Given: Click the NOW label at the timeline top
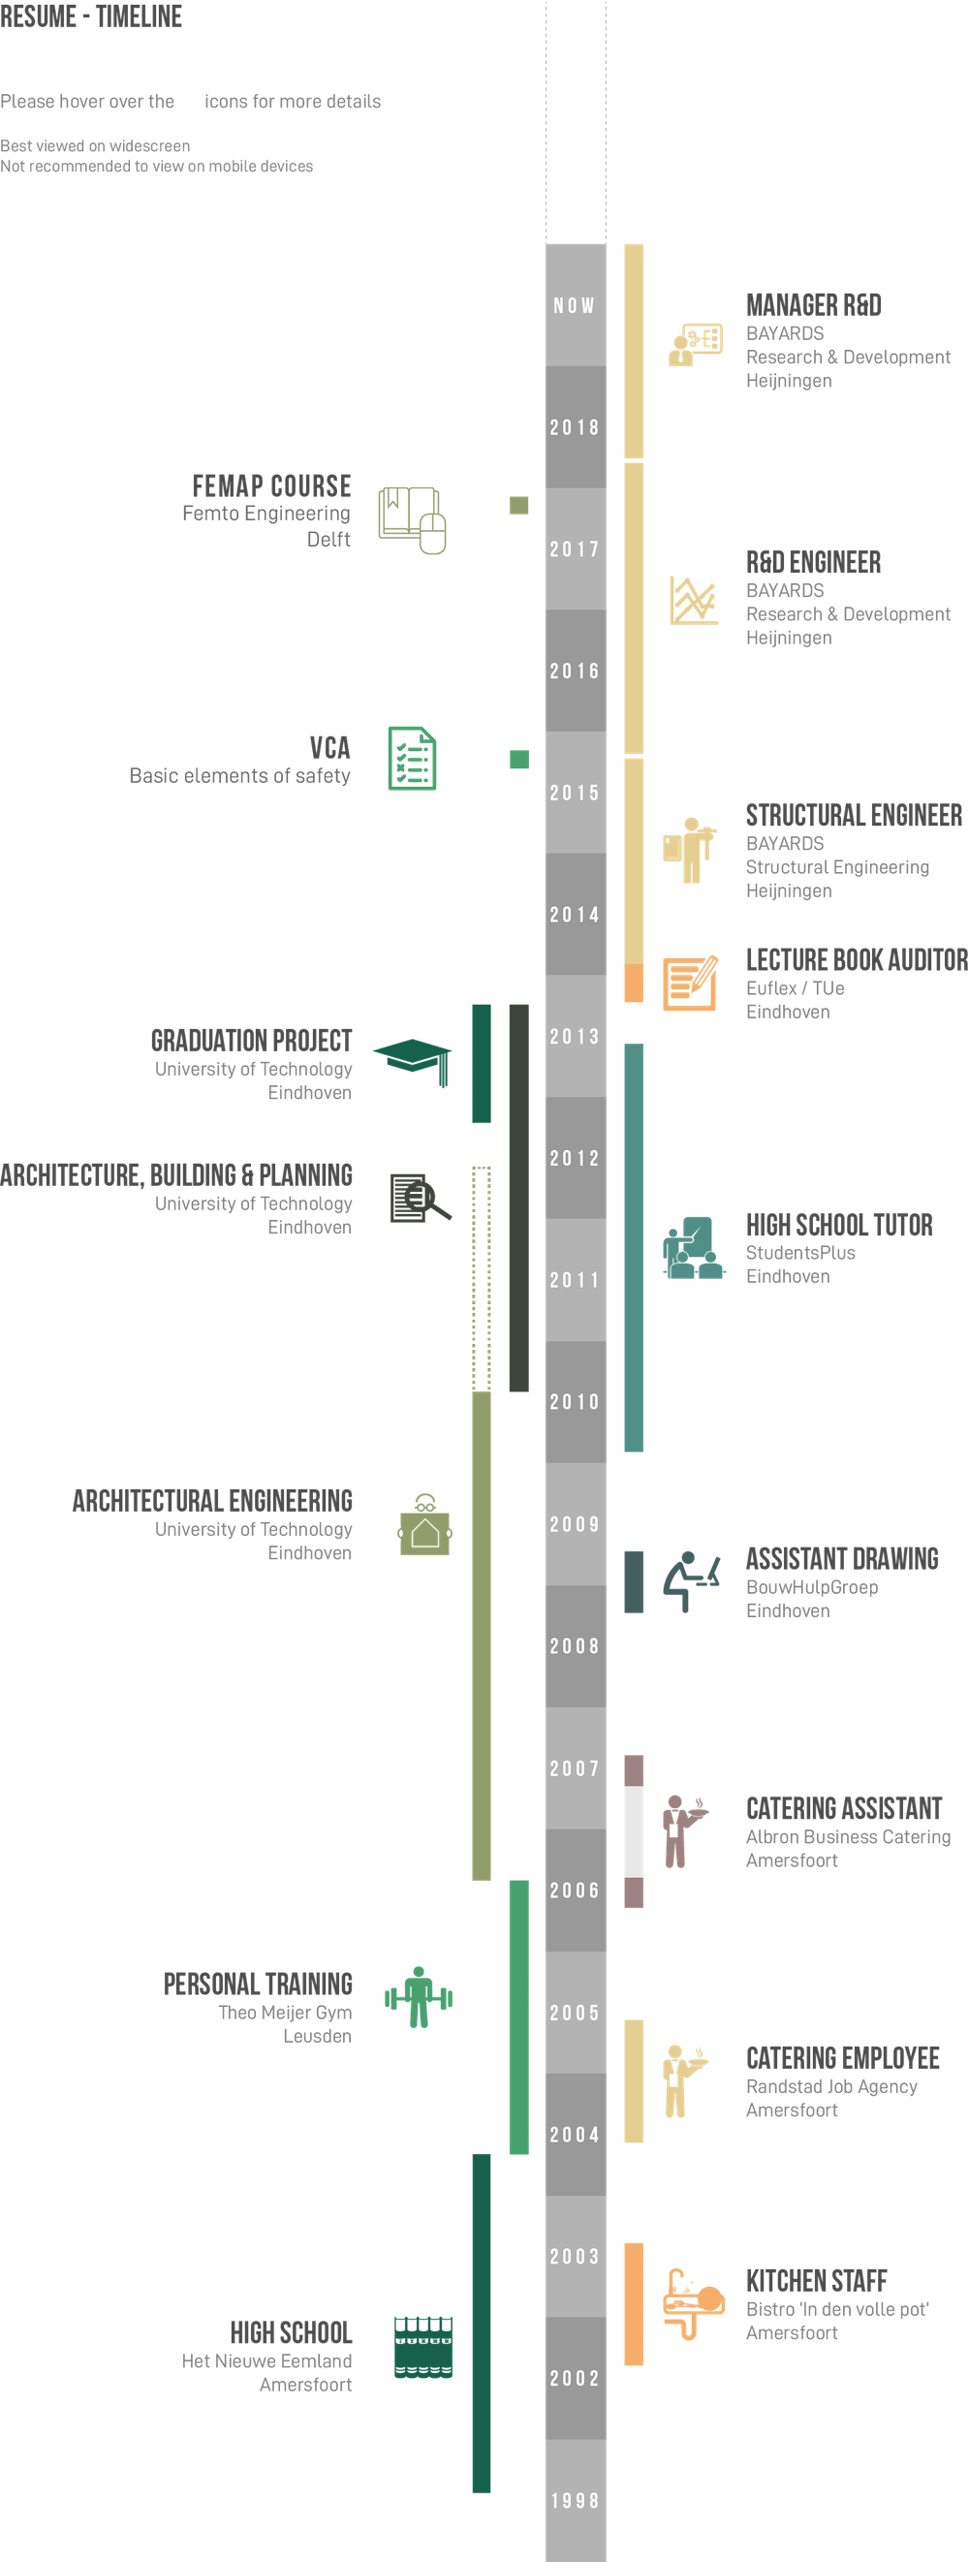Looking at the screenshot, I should point(575,305).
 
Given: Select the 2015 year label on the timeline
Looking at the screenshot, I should point(575,793).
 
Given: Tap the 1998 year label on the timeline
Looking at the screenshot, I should point(575,2500).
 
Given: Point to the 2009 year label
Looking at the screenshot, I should point(575,1523).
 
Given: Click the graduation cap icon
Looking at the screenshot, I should point(411,1055).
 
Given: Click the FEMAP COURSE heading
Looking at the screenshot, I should point(271,486).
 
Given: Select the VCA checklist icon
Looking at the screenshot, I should point(412,759).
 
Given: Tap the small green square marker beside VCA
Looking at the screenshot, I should point(518,760).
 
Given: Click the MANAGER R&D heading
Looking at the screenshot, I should point(814,305).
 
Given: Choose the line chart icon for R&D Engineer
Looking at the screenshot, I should point(693,600).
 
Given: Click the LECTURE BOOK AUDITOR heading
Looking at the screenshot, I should point(856,958).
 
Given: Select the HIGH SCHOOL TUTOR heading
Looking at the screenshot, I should point(839,1226).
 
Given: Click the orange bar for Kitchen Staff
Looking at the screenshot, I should point(633,2303).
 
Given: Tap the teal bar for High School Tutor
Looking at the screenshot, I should point(633,1248).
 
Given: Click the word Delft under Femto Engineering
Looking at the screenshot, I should point(328,539).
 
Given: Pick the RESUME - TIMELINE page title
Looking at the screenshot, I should point(91,16).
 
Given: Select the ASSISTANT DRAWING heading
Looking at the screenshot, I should point(842,1558).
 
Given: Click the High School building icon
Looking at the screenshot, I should point(422,2346).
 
